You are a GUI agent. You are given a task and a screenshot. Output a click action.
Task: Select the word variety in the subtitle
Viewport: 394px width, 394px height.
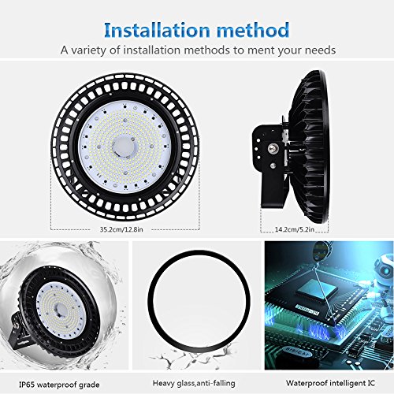click(x=95, y=50)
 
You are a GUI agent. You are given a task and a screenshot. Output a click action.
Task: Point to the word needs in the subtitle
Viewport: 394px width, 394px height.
click(x=314, y=50)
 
